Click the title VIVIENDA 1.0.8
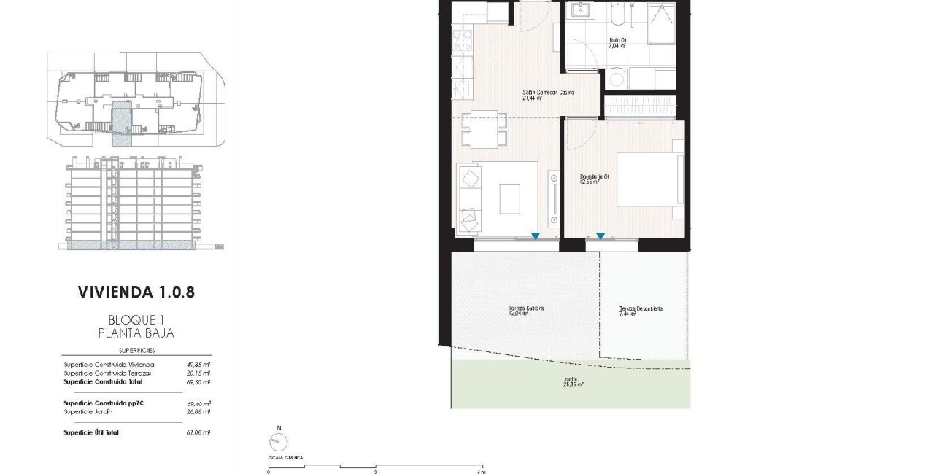(x=136, y=292)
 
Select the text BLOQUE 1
(x=136, y=319)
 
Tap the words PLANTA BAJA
(x=136, y=333)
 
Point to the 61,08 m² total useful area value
(x=197, y=433)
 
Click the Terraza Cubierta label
(x=527, y=309)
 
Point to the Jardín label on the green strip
(x=571, y=381)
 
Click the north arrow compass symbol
(x=277, y=440)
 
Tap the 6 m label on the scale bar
(x=481, y=472)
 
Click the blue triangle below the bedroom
(x=600, y=236)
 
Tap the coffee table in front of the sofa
(x=509, y=198)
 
